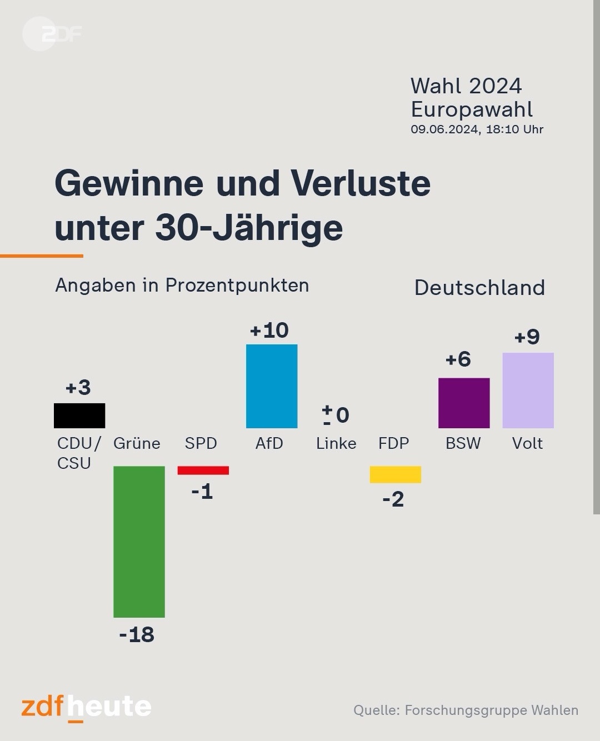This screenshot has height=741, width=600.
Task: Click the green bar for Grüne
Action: (139, 541)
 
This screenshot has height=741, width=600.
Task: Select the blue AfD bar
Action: (272, 386)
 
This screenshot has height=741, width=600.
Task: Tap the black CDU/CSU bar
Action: (79, 415)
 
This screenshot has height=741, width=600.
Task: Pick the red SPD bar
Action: (203, 470)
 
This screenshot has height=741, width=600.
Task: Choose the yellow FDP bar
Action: (396, 474)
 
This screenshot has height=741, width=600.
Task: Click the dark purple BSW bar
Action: (464, 403)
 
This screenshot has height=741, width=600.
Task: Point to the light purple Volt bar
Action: (528, 390)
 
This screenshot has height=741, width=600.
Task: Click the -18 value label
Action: (137, 634)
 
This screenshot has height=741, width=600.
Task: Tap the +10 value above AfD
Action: (269, 331)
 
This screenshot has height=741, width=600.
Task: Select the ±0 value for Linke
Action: (336, 414)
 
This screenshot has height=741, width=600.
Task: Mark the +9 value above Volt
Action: (527, 337)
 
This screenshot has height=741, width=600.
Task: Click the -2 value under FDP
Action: (393, 499)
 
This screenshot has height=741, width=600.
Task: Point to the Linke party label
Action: (336, 443)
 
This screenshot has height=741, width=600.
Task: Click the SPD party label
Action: (201, 443)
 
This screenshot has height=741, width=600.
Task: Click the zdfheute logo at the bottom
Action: (86, 707)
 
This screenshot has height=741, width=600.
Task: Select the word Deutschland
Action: (479, 288)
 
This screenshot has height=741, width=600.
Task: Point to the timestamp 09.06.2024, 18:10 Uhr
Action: (477, 129)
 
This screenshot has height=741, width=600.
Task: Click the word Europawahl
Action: (472, 109)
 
